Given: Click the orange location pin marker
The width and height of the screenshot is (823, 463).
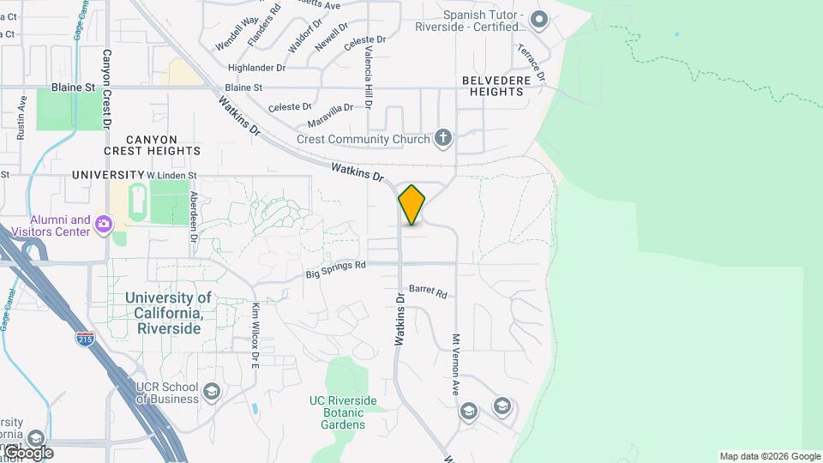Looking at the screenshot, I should coord(411,204).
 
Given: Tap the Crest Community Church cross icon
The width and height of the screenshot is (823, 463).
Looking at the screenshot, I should coord(443,138).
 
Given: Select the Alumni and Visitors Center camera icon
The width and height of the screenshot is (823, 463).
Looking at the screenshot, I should coord(105,225).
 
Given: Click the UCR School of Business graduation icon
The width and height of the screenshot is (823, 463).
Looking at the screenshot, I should coord(211,393).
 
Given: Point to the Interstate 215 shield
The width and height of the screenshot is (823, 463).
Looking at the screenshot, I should coord(85,340).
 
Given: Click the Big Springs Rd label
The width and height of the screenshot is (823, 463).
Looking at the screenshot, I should coord(336,270).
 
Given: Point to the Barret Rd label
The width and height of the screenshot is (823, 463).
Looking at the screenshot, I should coord(428,292).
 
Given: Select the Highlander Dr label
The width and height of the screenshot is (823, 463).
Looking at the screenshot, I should coord(256,67).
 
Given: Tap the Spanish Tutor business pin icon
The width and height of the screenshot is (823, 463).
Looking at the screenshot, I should coord(539,19).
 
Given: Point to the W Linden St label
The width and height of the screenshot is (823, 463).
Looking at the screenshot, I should coord(171,175).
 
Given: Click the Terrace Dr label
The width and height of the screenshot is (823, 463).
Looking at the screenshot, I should coord(531,61).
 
